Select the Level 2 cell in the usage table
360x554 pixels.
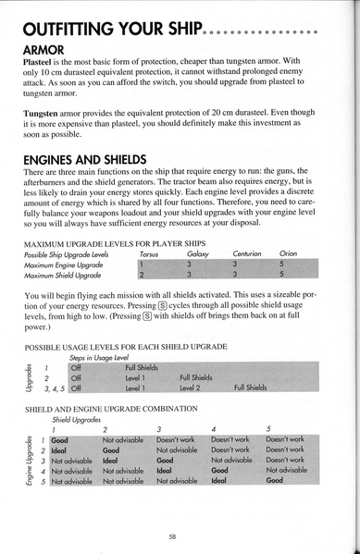coord(192,388)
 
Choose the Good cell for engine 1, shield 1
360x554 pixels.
coord(59,438)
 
